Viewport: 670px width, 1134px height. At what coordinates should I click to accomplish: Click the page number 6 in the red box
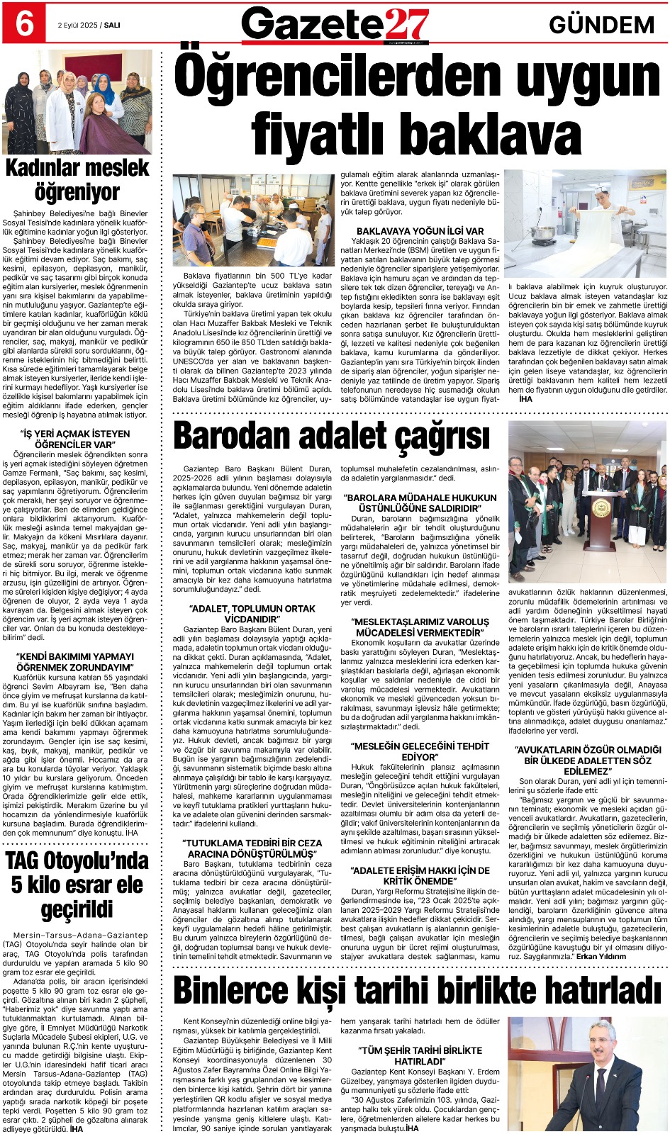23,24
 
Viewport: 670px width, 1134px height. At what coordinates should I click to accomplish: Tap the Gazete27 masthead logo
335,26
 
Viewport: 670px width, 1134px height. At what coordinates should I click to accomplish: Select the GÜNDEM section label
601,26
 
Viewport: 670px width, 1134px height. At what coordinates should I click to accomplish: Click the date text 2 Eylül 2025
77,25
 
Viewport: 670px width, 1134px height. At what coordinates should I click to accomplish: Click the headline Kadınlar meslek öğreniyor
77,180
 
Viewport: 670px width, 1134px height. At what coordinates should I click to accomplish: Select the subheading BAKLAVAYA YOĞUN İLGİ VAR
420,231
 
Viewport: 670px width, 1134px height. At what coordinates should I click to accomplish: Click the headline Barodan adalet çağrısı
331,436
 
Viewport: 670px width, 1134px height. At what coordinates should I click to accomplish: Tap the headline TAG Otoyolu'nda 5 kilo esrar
77,885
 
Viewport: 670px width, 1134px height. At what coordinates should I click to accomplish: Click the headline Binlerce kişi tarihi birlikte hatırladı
418,990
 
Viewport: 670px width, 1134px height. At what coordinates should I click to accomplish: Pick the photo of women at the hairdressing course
77,103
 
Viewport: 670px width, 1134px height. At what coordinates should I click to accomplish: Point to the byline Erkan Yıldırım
601,956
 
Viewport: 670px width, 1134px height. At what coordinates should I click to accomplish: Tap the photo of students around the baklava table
253,220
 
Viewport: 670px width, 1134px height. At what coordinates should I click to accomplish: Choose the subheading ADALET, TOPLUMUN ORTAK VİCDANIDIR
252,614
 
